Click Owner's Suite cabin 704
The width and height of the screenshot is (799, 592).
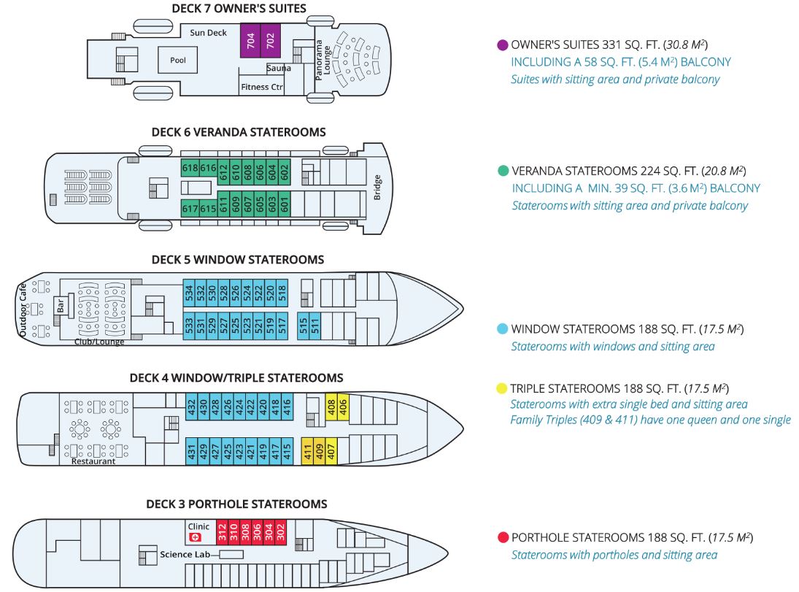click(250, 40)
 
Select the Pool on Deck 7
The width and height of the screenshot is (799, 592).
click(178, 60)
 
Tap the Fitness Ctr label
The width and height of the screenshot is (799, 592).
click(261, 87)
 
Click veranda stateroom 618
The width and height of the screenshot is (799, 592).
click(190, 169)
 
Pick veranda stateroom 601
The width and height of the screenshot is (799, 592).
click(285, 205)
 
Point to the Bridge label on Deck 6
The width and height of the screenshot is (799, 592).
click(377, 187)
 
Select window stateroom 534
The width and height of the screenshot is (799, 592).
click(189, 293)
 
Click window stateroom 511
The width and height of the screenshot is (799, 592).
click(315, 326)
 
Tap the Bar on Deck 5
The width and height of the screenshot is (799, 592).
click(61, 306)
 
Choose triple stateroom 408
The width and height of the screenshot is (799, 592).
click(331, 407)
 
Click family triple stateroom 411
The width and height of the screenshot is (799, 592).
click(308, 451)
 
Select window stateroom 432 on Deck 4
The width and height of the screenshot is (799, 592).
click(192, 407)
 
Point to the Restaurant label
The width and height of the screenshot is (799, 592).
click(93, 461)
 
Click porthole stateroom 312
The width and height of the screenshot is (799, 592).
click(222, 532)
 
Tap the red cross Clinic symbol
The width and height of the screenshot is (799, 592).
click(195, 537)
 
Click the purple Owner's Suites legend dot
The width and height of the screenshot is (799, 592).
click(503, 45)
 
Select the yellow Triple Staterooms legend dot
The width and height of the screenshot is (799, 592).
click(502, 388)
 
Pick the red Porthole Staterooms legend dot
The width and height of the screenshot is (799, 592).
click(503, 537)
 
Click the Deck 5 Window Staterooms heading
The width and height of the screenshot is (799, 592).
click(237, 260)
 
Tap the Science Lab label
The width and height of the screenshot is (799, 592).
click(185, 554)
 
